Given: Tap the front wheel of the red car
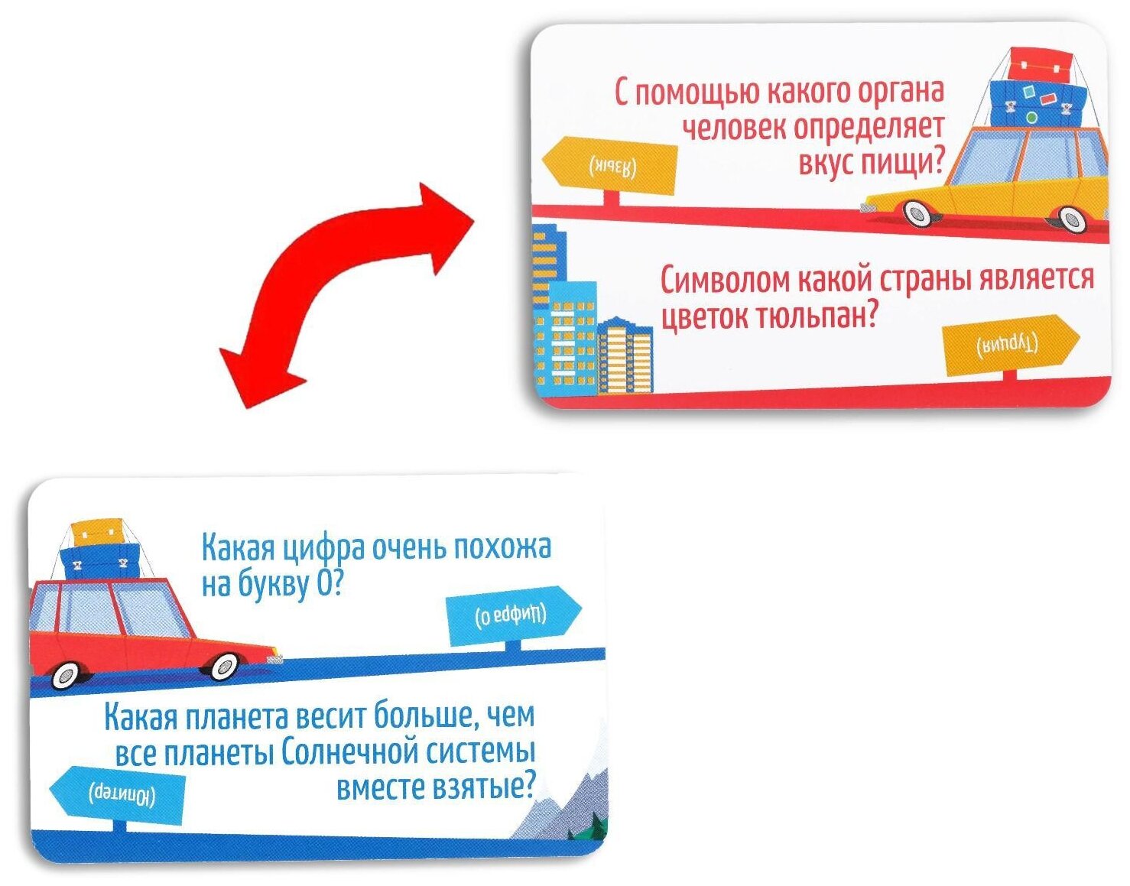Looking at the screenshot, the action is pyautogui.click(x=224, y=666).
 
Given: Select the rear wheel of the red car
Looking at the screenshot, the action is pyautogui.click(x=66, y=674).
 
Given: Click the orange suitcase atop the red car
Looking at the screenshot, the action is pyautogui.click(x=97, y=530).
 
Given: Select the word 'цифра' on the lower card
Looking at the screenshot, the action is pyautogui.click(x=323, y=549).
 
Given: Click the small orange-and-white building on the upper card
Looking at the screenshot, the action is pyautogui.click(x=625, y=355).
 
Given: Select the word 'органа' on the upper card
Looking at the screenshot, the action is pyautogui.click(x=899, y=92).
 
